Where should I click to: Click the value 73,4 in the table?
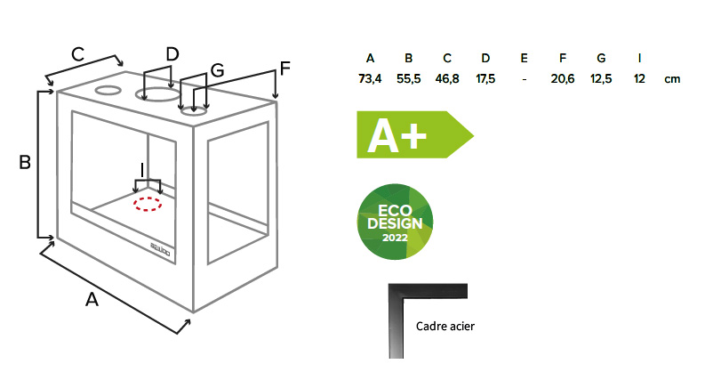tap(370, 78)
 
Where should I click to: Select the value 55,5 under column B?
tap(408, 78)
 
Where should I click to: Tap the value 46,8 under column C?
tap(447, 78)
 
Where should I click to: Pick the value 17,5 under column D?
tap(485, 78)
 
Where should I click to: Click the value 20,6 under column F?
tap(563, 78)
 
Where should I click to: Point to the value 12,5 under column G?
tap(601, 78)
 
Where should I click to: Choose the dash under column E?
tap(524, 79)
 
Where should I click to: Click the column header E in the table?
tap(524, 58)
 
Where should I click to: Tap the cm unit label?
tap(672, 79)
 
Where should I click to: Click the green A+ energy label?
tap(414, 134)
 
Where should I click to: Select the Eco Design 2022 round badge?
tap(395, 222)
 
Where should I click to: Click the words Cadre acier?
tap(445, 327)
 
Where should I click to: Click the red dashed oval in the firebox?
tap(148, 205)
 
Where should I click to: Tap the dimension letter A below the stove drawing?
tap(92, 300)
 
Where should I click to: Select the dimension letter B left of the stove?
tap(25, 163)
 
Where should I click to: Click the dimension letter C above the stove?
tap(77, 54)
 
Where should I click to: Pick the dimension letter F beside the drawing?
tap(284, 69)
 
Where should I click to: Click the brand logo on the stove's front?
tap(160, 249)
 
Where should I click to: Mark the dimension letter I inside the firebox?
tap(142, 171)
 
